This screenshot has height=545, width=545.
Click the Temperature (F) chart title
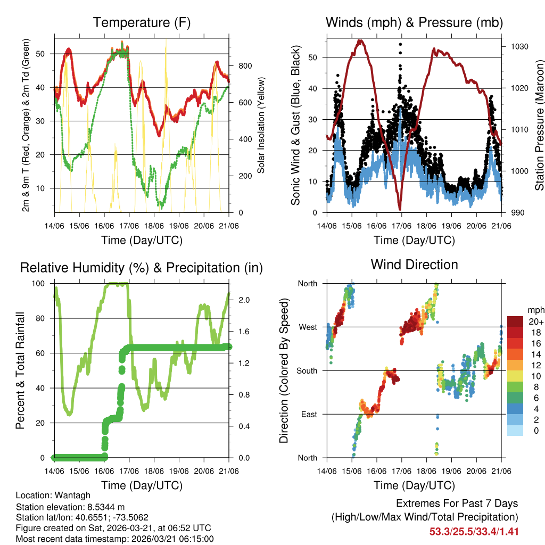pyautogui.click(x=142, y=23)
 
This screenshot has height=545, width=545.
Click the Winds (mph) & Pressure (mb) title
pyautogui.click(x=414, y=23)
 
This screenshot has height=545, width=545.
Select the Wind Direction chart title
pyautogui.click(x=414, y=265)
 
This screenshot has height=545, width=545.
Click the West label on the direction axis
pyautogui.click(x=308, y=327)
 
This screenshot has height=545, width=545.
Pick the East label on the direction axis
pyautogui.click(x=309, y=414)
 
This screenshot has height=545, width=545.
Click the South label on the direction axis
pyautogui.click(x=307, y=370)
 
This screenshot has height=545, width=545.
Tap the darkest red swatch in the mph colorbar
pyautogui.click(x=515, y=321)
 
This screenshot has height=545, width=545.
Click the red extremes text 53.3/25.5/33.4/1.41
pyautogui.click(x=474, y=531)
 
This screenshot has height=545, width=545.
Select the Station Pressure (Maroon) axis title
pyautogui.click(x=539, y=125)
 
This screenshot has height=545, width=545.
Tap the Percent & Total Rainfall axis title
pyautogui.click(x=20, y=370)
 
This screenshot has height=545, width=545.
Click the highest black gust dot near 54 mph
pyautogui.click(x=400, y=45)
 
